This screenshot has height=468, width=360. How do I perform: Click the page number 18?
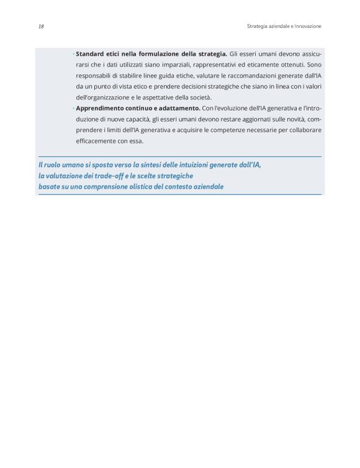40,27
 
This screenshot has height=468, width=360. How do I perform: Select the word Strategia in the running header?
258,27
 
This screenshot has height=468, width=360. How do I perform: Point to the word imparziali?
162,65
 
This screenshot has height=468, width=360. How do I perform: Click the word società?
198,97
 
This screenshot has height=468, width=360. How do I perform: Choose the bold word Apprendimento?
103,109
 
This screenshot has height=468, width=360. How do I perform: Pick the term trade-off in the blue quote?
114,176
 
